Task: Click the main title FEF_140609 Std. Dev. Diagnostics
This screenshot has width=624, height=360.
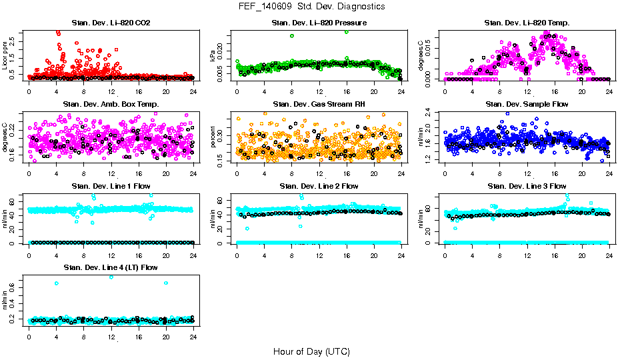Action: [x=311, y=7]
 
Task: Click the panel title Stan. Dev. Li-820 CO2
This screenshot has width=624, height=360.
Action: [x=111, y=23]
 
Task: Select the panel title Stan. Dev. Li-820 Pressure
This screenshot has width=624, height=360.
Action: [x=319, y=23]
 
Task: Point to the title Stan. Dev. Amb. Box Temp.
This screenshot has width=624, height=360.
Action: [x=111, y=105]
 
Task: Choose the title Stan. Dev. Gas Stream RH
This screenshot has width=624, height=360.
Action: [x=319, y=105]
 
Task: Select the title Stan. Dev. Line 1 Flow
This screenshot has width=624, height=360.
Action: [x=111, y=186]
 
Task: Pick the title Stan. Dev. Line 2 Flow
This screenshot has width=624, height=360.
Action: [x=319, y=186]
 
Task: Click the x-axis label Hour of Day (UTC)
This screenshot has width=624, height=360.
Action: [x=311, y=351]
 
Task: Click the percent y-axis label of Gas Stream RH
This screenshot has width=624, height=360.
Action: [x=213, y=137]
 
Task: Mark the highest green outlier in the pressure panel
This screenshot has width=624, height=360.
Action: [x=346, y=31]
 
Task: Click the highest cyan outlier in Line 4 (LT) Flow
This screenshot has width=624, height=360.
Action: [x=111, y=277]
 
